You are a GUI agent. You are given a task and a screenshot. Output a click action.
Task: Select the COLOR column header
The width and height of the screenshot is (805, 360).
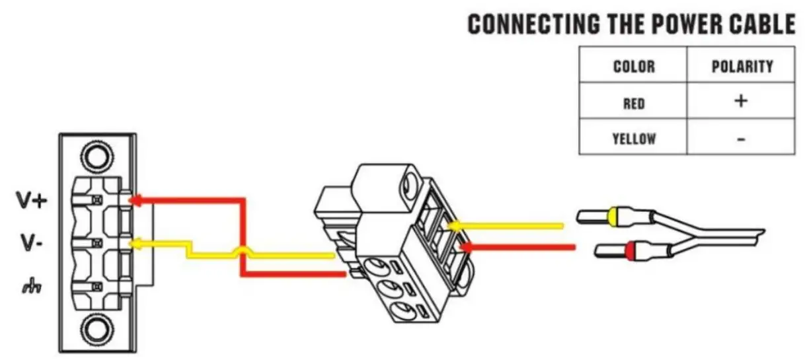click(634, 66)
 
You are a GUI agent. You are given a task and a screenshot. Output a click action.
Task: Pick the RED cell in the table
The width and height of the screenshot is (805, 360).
click(634, 103)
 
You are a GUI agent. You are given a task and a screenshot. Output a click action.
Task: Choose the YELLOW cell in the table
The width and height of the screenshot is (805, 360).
click(634, 139)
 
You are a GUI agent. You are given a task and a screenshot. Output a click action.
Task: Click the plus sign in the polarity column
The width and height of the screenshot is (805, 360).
click(742, 101)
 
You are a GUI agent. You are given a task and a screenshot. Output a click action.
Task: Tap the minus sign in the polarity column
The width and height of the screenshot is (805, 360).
click(742, 139)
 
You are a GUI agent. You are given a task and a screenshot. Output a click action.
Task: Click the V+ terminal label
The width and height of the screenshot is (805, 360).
click(32, 202)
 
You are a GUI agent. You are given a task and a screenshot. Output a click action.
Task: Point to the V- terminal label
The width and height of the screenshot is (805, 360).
click(30, 245)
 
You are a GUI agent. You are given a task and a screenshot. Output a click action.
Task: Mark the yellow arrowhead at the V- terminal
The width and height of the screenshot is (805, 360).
click(134, 244)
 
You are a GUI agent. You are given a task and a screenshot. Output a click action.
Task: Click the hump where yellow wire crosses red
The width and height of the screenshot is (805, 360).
click(243, 251)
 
